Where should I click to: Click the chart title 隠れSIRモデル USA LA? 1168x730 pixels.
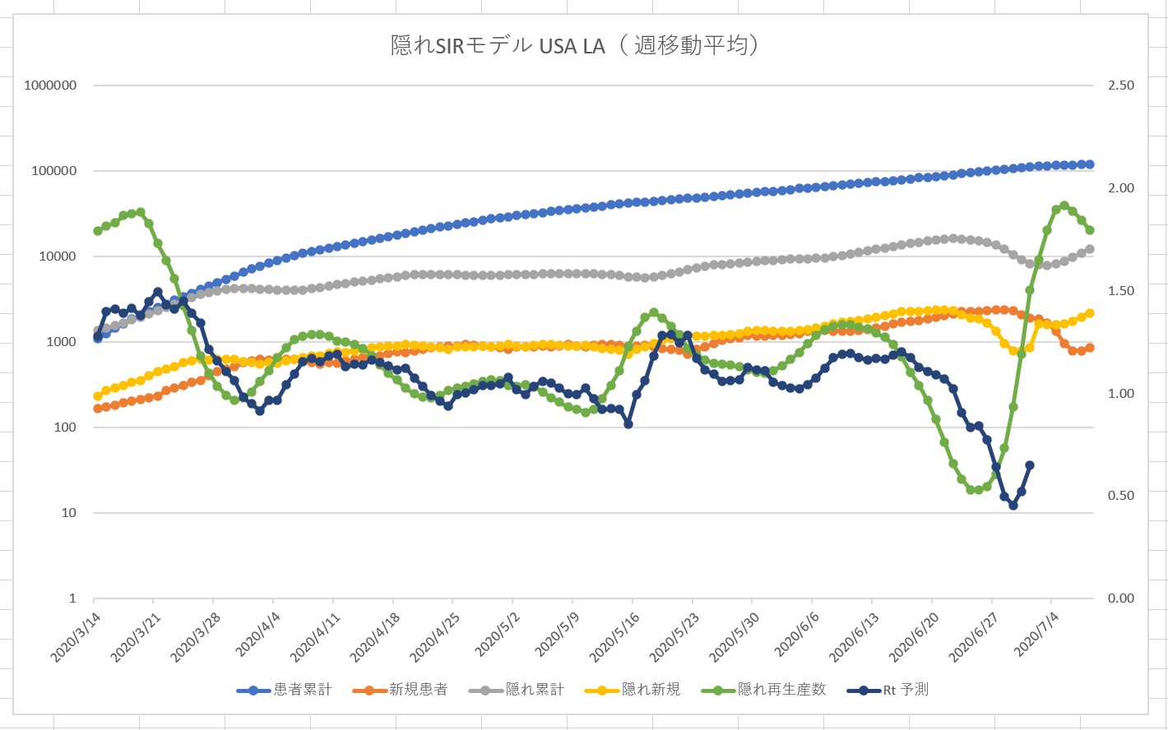click(x=574, y=44)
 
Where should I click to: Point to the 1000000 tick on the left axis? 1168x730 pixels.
click(x=50, y=85)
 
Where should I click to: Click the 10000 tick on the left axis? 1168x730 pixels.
click(x=58, y=256)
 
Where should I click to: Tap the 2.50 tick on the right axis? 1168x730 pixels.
click(x=1121, y=85)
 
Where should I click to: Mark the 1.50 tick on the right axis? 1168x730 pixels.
click(x=1121, y=291)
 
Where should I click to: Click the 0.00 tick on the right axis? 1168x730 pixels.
click(x=1121, y=598)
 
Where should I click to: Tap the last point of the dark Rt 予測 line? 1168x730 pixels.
click(x=1030, y=465)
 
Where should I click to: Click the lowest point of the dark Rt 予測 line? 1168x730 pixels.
click(x=1013, y=506)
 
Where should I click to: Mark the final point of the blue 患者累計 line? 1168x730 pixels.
click(x=1090, y=164)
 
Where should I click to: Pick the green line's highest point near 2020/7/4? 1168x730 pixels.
click(x=1064, y=206)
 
